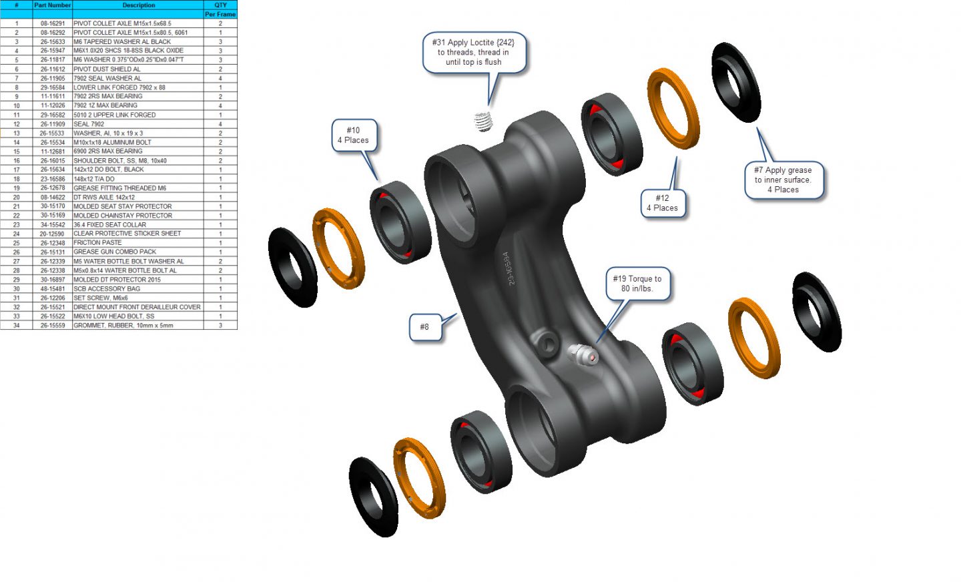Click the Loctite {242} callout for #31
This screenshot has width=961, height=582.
point(474,52)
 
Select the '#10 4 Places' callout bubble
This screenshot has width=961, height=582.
point(354,135)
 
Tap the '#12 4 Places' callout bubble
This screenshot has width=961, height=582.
point(663,203)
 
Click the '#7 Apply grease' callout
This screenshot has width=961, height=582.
point(783,180)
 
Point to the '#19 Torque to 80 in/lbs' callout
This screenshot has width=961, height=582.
point(637,284)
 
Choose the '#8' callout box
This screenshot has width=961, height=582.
point(425,327)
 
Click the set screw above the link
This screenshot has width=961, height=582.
point(483,121)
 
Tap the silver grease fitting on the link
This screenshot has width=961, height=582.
point(583,354)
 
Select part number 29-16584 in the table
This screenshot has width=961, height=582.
point(52,87)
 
